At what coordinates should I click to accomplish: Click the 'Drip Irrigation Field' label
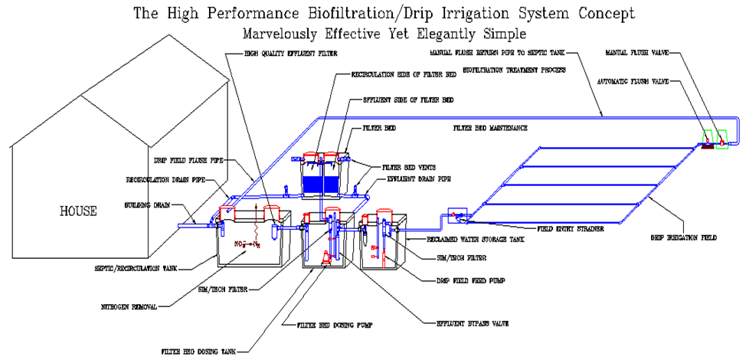[684, 238]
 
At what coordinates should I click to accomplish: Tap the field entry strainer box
[458, 215]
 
